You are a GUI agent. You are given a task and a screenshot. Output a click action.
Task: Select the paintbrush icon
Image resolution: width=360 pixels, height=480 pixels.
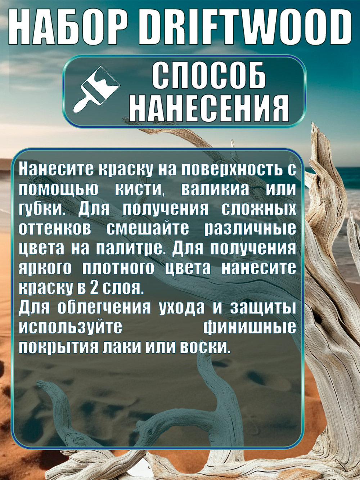coord(96,90)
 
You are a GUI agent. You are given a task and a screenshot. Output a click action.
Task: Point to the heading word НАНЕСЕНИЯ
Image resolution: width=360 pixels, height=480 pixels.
coord(209,108)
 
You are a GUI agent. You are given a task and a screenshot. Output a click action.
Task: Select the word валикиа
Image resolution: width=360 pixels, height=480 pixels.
coord(215,189)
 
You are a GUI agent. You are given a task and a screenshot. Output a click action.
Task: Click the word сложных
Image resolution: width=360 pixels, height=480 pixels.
coord(259,209)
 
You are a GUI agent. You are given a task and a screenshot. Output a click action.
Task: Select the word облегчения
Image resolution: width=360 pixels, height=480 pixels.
coord(104,308)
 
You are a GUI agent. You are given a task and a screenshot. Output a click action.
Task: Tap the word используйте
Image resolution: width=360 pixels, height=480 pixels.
coord(71,328)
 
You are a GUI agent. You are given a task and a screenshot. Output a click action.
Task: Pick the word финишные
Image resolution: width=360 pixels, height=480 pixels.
coord(250,328)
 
